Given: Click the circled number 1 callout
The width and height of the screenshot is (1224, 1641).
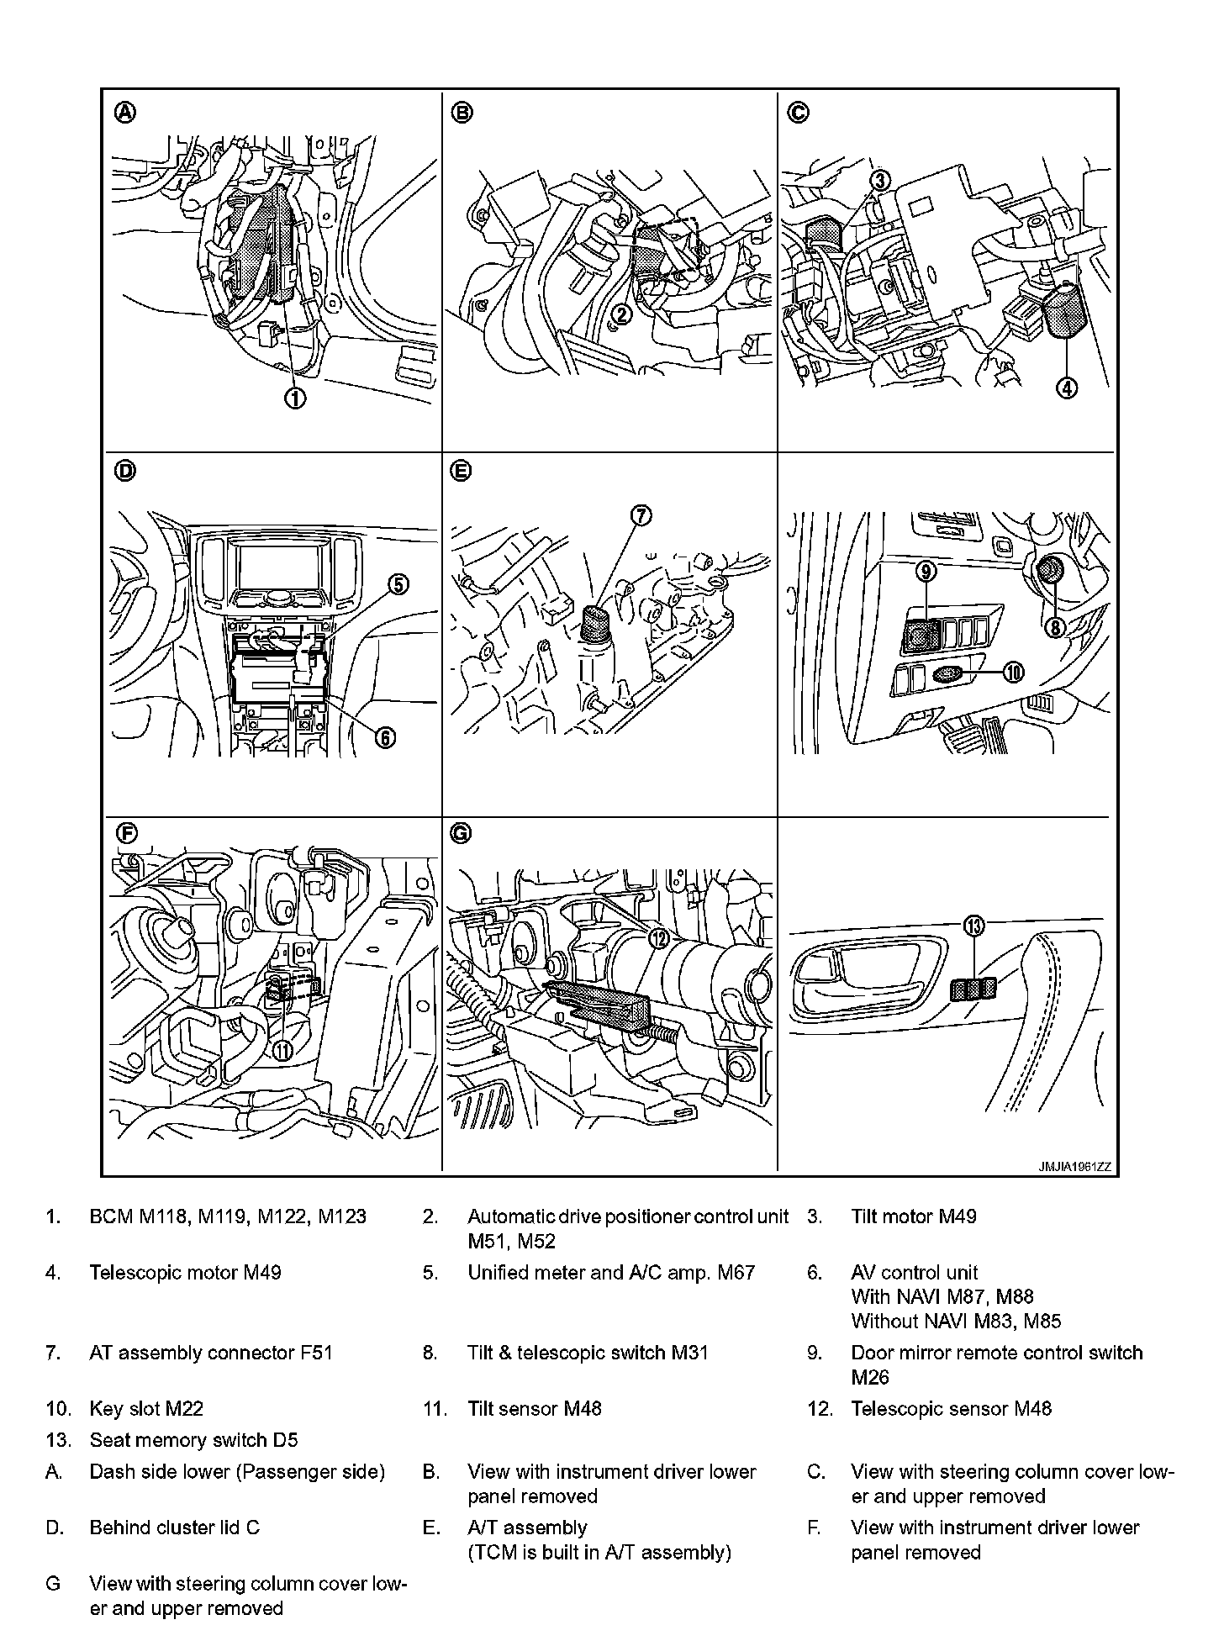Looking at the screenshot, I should pos(295,398).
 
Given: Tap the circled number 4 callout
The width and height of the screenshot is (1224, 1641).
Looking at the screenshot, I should pos(1065,388).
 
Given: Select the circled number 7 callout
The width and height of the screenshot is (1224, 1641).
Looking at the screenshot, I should pos(641,515).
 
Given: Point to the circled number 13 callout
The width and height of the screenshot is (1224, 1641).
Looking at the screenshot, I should pos(973,926).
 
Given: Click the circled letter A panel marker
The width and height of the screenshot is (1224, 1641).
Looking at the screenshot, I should pos(124,113).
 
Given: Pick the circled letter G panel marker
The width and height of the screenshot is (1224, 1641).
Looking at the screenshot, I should pos(461,832).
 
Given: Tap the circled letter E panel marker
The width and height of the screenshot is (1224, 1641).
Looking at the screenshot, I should pos(461,471).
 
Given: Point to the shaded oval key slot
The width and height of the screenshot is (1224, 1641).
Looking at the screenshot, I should pos(948,673).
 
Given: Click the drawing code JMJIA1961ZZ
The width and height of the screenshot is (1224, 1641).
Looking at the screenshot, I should pos(1074,1166).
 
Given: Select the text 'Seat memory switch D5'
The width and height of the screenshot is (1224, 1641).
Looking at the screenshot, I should pos(193,1440).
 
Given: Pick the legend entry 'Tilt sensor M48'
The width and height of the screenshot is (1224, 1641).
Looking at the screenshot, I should pos(535,1408).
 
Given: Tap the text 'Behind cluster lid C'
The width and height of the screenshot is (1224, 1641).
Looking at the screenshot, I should pos(174,1528).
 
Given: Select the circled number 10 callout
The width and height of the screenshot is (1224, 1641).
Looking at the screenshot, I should pos(1015,671).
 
